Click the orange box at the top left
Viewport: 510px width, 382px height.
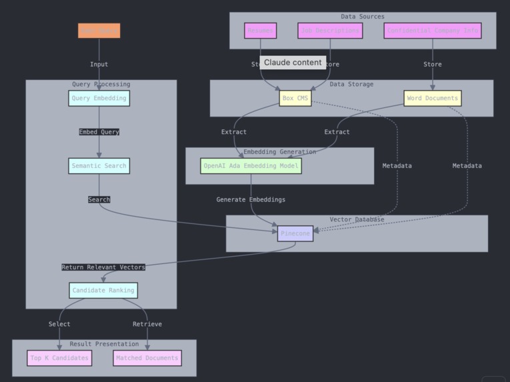(x=99, y=31)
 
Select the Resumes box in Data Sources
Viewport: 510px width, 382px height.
(x=260, y=31)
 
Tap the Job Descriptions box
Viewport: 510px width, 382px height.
(x=330, y=31)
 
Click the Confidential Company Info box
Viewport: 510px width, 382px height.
(x=433, y=31)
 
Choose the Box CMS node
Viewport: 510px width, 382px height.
(x=295, y=98)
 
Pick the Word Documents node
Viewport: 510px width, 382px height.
(x=433, y=98)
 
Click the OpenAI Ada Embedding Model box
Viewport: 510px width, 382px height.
(x=251, y=166)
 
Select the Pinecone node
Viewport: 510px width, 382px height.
(x=295, y=233)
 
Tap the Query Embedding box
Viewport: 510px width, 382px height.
(x=99, y=98)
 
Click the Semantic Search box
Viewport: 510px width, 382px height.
(x=99, y=166)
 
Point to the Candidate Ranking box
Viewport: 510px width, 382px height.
(x=103, y=290)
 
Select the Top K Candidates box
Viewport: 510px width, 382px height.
(x=59, y=358)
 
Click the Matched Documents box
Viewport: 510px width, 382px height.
(x=147, y=358)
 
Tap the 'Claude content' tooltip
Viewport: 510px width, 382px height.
(x=293, y=63)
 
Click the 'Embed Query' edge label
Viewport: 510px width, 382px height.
(x=99, y=132)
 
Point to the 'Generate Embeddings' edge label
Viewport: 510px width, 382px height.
(x=251, y=199)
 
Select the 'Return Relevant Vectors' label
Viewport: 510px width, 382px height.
(x=103, y=267)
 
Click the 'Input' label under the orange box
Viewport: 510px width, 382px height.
(x=99, y=65)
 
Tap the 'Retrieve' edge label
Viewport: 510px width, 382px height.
(x=147, y=324)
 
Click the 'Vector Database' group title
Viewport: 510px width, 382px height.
(x=357, y=219)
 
